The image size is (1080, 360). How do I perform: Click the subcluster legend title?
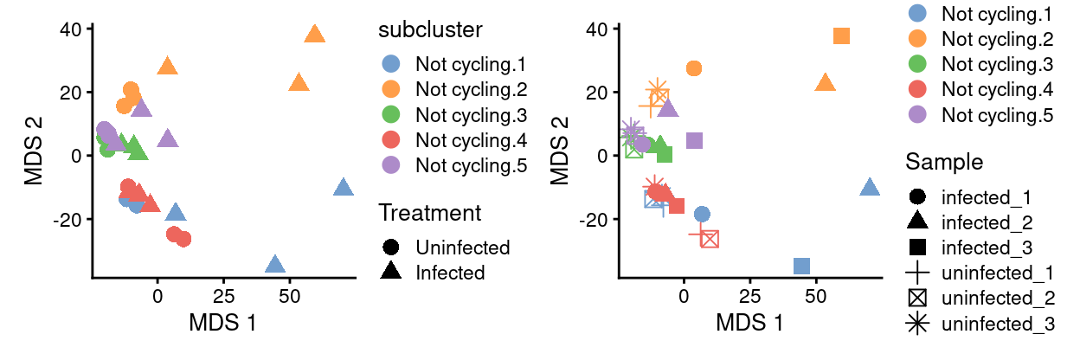tap(430, 29)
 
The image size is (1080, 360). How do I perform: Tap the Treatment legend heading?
tap(429, 213)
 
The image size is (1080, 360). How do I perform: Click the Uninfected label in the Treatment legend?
tap(462, 247)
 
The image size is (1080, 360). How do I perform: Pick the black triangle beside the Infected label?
tap(390, 273)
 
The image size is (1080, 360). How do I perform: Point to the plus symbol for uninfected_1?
tap(916, 273)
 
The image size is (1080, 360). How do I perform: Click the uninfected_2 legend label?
tap(995, 299)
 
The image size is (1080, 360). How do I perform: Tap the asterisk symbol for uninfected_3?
tap(916, 324)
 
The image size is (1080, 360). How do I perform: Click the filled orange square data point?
tap(841, 36)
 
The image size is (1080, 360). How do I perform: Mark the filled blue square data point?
tap(802, 266)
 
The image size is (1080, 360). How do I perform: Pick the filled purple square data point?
tap(694, 140)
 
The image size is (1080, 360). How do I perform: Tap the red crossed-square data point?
tap(710, 239)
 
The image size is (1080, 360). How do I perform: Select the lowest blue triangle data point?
tap(275, 265)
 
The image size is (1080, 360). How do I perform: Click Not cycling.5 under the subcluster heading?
tap(471, 166)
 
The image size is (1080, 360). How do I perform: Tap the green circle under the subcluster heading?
tap(390, 114)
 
